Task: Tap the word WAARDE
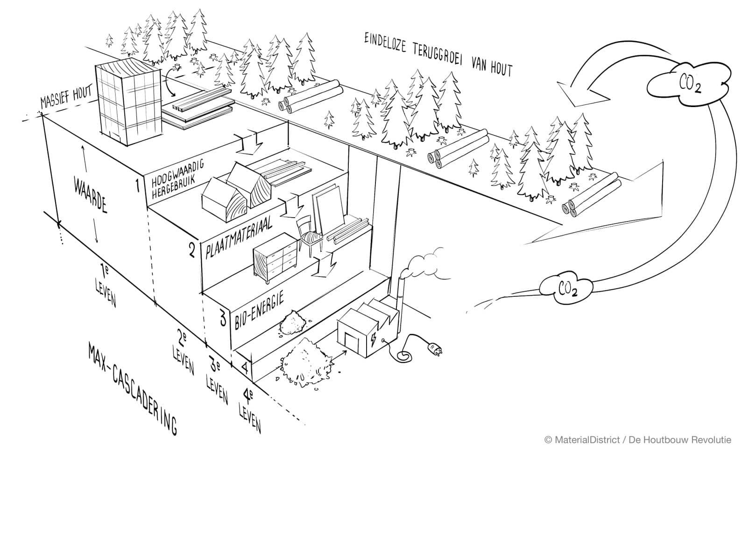tap(91, 195)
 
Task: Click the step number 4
tap(245, 368)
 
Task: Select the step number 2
tap(192, 250)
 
